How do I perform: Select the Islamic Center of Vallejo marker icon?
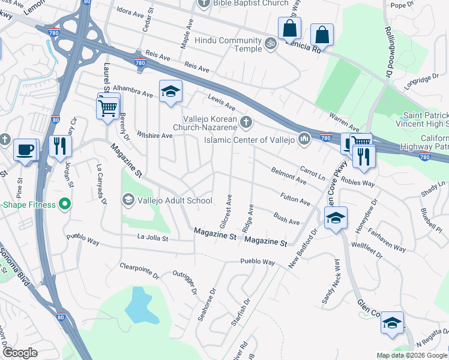pos(304,140)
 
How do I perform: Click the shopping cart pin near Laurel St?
pos(108,108)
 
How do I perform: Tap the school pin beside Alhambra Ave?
pos(170,92)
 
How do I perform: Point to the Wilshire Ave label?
pos(155,136)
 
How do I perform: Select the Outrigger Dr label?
pos(186,281)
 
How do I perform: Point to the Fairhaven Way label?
pos(385,239)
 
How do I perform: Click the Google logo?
pos(20,352)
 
